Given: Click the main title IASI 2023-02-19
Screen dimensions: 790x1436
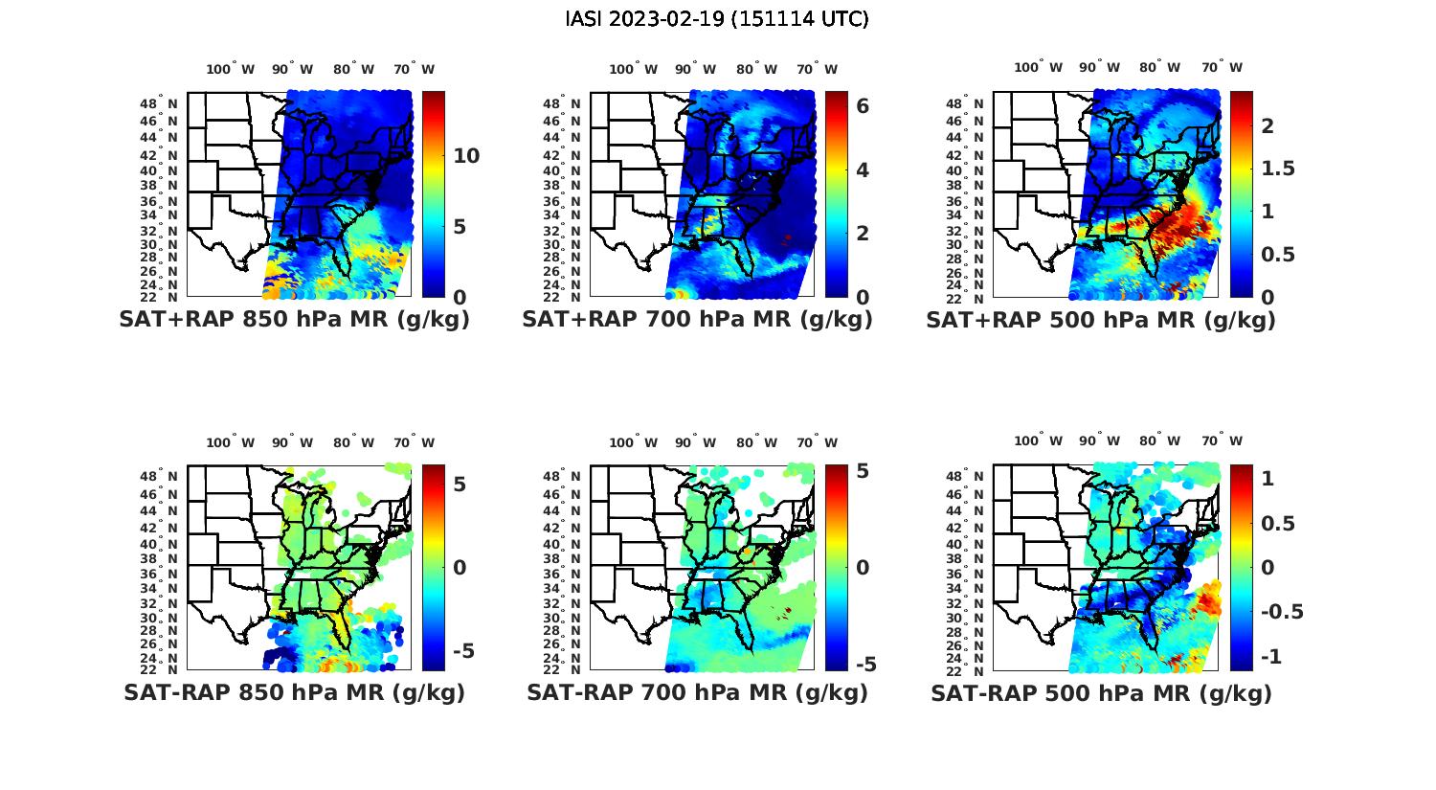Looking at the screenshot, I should pyautogui.click(x=717, y=19).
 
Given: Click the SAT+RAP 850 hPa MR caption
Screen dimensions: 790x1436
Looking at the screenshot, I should pyautogui.click(x=294, y=320).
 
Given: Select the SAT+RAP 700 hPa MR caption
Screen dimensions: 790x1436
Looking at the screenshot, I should pyautogui.click(x=697, y=320).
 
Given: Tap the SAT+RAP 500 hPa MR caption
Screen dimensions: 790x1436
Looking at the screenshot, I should pyautogui.click(x=1100, y=320).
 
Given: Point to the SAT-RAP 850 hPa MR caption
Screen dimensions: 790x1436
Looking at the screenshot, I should pyautogui.click(x=294, y=692).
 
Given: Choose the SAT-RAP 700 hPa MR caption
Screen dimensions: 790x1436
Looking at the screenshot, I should pyautogui.click(x=697, y=692).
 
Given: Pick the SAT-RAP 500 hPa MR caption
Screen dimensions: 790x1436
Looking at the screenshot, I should pyautogui.click(x=1100, y=692).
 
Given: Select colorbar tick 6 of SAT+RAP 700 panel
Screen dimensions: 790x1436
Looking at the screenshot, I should pyautogui.click(x=863, y=106).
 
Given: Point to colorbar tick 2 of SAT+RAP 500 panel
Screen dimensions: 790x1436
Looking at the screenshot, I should pyautogui.click(x=1268, y=125).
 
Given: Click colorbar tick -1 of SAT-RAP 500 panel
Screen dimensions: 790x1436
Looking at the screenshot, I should pyautogui.click(x=1271, y=656).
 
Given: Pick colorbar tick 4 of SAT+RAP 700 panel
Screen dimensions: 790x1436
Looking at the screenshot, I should pyautogui.click(x=863, y=169).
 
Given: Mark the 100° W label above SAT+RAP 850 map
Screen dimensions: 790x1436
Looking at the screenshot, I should pyautogui.click(x=230, y=69).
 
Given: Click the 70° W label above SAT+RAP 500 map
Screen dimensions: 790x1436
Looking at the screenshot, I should pyautogui.click(x=1223, y=67).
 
